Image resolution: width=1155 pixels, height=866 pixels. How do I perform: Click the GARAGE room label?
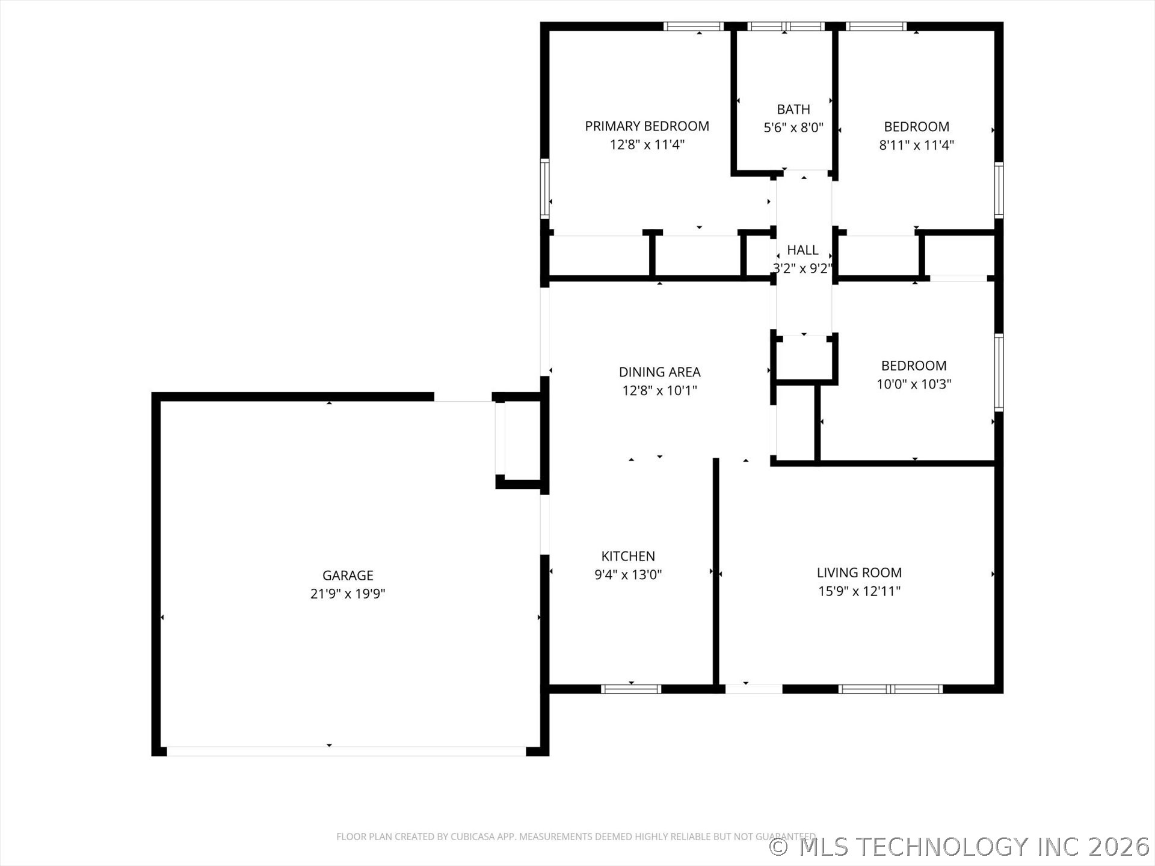348,576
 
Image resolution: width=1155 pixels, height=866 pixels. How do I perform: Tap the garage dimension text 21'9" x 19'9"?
348,594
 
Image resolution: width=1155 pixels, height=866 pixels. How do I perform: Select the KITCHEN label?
628,556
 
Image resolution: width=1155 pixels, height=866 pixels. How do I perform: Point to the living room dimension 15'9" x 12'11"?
859,591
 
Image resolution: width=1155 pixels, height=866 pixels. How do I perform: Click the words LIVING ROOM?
859,573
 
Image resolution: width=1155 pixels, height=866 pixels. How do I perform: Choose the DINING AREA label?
659,372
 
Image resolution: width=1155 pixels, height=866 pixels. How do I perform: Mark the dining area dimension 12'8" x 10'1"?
659,391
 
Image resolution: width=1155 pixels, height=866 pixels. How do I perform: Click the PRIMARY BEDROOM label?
647,126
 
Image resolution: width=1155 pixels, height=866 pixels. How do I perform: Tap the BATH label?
793,109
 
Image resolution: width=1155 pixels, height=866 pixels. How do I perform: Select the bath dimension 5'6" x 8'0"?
793,127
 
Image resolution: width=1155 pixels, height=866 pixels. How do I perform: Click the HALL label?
802,250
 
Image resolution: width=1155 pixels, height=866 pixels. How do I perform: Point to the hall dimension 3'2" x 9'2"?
802,268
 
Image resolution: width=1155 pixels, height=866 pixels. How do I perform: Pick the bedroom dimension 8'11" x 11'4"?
916,145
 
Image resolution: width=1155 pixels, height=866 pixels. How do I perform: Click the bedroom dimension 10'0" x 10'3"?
914,384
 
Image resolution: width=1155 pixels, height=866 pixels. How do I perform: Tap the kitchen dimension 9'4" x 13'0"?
628,574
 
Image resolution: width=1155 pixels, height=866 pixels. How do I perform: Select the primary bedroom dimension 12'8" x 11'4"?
647,144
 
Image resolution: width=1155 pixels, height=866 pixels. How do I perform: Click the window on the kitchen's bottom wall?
631,689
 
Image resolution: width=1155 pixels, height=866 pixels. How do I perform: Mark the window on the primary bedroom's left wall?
544,188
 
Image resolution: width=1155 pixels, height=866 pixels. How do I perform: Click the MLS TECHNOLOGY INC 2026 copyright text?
960,847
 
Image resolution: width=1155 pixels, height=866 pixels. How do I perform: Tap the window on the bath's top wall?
786,26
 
